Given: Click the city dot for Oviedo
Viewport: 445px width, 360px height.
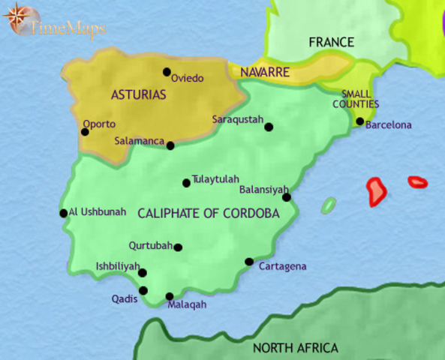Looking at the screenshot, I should tap(167, 72).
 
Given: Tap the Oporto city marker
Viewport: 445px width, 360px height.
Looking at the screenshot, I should tap(85, 132).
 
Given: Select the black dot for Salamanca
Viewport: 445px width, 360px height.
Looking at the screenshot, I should tap(170, 145).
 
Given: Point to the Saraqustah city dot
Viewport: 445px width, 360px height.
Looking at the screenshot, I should tap(269, 127).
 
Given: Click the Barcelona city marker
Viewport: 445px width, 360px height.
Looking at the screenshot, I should tap(360, 121).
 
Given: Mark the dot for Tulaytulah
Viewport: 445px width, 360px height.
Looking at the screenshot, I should tap(186, 183).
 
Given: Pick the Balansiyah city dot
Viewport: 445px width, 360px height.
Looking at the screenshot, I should tap(286, 197).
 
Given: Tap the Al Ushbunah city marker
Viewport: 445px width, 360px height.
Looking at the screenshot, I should tap(64, 213).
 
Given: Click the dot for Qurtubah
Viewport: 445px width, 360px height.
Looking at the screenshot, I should tap(178, 247).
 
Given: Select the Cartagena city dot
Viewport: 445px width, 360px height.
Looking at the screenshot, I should tap(249, 262).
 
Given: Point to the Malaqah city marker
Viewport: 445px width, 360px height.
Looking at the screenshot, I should tap(170, 296).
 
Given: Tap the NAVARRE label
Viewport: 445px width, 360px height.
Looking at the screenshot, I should tap(265, 73).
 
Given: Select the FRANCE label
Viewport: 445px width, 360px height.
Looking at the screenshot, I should tap(331, 42).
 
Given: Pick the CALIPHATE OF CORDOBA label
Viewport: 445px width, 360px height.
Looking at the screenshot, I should tap(209, 214).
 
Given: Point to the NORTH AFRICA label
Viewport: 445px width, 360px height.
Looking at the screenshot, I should tap(295, 348).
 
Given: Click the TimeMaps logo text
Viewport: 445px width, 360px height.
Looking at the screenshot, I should tap(68, 29).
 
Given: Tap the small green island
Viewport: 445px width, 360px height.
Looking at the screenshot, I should tap(328, 205).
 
